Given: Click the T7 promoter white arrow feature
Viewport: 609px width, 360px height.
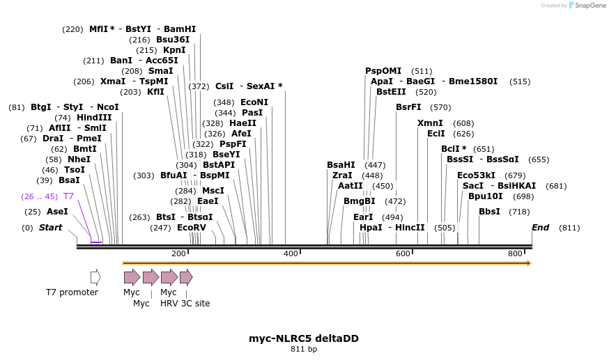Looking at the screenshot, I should (x=95, y=277).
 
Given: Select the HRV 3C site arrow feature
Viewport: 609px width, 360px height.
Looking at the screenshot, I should (x=186, y=277).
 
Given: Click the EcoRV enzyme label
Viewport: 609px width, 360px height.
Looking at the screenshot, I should (x=192, y=228).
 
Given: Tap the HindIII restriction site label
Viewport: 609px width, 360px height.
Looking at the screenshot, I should (x=93, y=118).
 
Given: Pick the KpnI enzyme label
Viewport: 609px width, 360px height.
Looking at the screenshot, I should (x=174, y=50).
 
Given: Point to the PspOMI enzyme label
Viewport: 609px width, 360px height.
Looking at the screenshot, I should (x=383, y=71).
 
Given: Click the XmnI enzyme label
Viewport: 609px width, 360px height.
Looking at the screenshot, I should (x=430, y=123).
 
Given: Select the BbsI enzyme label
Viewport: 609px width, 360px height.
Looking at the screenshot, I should (x=489, y=212).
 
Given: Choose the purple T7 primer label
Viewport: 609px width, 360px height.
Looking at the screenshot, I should (x=68, y=196).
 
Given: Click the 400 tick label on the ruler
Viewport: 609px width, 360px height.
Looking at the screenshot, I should (x=291, y=253).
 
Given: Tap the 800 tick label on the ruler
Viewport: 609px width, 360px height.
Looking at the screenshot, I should (x=515, y=253).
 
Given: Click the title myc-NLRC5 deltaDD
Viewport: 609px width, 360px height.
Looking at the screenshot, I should (x=304, y=338).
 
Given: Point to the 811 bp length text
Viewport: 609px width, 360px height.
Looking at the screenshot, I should (x=304, y=350).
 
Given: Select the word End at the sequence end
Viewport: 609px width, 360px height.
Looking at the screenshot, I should (x=540, y=228).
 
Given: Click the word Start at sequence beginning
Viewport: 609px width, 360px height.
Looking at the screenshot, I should (x=50, y=228).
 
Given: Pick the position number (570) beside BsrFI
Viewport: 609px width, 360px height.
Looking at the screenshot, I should (x=440, y=107).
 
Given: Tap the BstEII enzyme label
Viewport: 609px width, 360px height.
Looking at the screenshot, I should (x=391, y=92).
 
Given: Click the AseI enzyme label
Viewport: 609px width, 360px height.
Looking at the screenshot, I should (x=57, y=212).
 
